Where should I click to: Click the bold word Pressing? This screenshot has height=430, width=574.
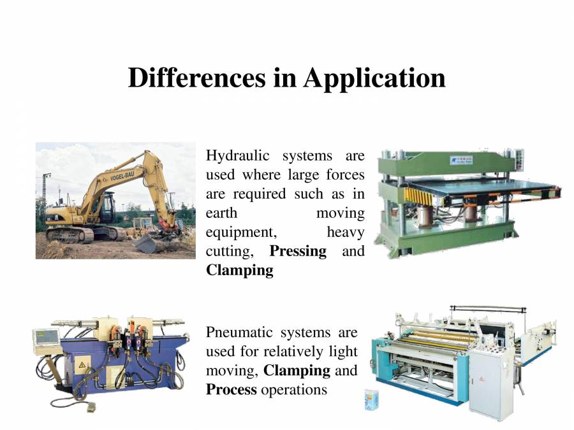(x=298, y=251)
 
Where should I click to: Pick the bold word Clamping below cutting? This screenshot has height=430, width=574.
(x=239, y=270)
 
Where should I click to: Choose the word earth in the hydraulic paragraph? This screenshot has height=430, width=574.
(x=221, y=213)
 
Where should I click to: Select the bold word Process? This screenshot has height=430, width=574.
(x=231, y=389)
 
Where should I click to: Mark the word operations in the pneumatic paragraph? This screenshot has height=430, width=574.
(x=294, y=389)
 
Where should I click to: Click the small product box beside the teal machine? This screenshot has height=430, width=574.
(x=371, y=399)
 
